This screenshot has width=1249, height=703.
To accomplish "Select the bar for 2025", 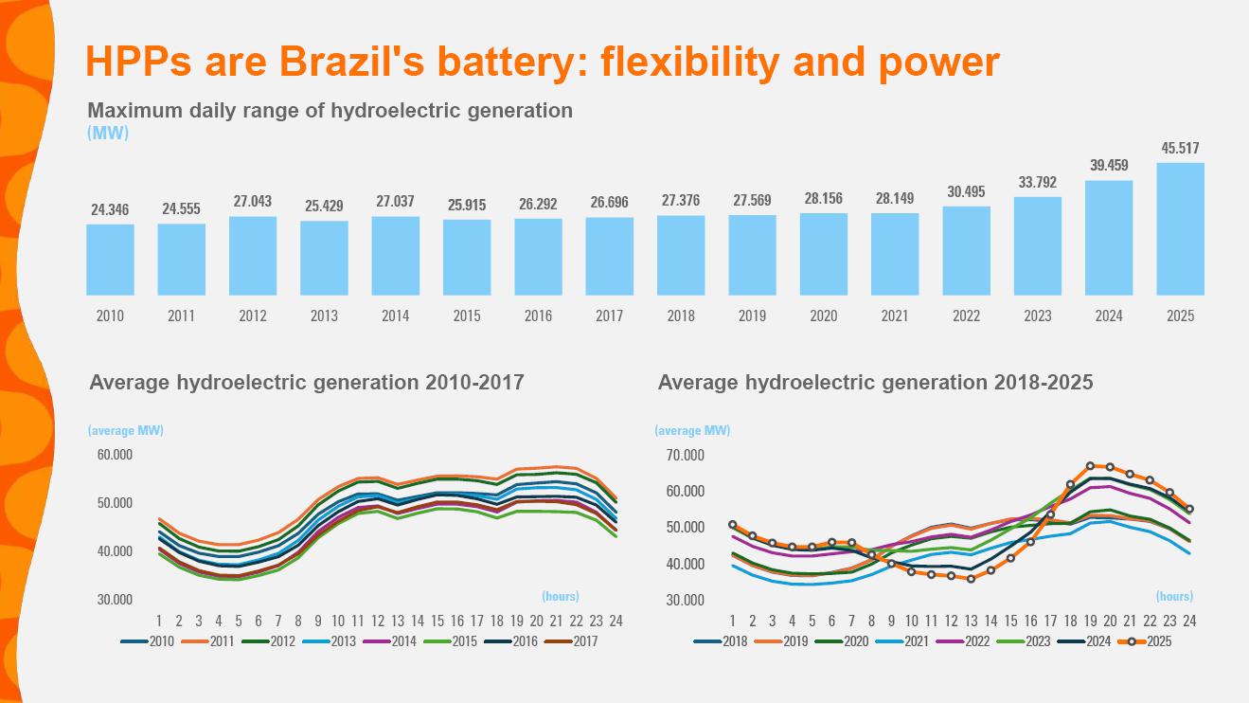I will [1180, 228].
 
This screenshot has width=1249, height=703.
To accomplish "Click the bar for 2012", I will [253, 256].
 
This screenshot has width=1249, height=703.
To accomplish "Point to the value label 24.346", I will [110, 209].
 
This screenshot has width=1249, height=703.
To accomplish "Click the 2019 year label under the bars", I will [752, 316].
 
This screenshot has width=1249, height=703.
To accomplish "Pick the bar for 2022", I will [966, 250].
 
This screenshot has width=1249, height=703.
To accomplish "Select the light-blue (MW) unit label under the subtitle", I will [108, 133].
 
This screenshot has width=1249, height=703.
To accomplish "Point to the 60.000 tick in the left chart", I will [115, 454].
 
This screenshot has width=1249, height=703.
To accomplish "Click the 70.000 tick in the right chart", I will [686, 455].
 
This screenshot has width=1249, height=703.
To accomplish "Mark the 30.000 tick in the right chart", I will [686, 600].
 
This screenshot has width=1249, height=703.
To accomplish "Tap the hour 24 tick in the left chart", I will [616, 622].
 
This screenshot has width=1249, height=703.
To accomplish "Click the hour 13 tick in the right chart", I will [971, 622].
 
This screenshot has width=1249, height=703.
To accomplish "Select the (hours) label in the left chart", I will [560, 596].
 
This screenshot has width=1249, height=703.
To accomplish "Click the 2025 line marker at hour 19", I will [1090, 466].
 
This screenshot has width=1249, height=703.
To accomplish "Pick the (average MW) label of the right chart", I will [692, 430].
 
